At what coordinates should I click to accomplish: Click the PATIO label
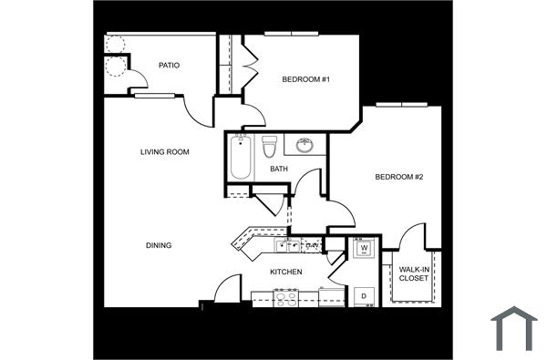pyautogui.click(x=169, y=66)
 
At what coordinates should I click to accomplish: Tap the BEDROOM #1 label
pyautogui.click(x=305, y=80)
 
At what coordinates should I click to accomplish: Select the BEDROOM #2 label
pyautogui.click(x=399, y=177)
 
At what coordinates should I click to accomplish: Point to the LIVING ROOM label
pyautogui.click(x=165, y=152)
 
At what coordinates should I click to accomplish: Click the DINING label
pyautogui.click(x=159, y=245)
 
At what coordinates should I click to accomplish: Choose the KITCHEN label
pyautogui.click(x=287, y=273)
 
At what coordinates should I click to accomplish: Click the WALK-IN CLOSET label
pyautogui.click(x=413, y=273)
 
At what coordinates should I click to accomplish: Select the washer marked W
pyautogui.click(x=363, y=249)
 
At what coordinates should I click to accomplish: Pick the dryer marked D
pyautogui.click(x=362, y=294)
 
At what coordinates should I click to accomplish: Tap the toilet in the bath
pyautogui.click(x=269, y=147)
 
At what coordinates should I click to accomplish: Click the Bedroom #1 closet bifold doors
pyautogui.click(x=249, y=66)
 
